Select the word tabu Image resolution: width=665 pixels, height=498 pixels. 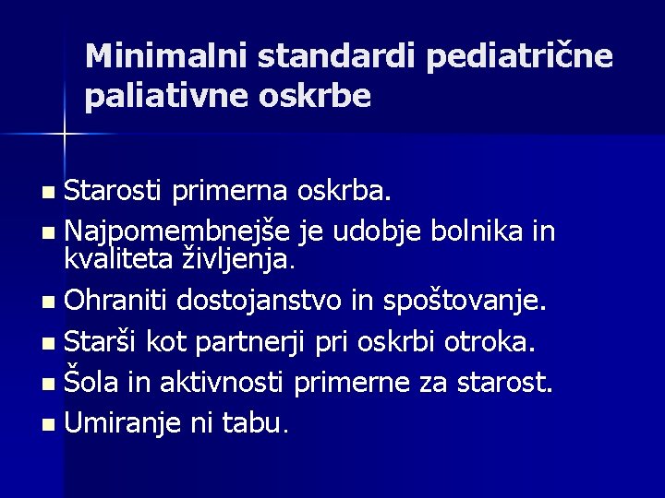[258, 425]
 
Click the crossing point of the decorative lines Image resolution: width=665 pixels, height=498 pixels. [65, 134]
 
